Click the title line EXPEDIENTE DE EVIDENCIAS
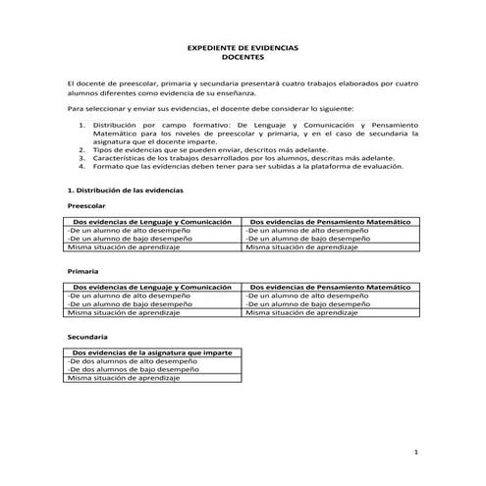(243, 48)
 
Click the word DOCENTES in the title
(243, 58)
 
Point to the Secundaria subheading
(86, 337)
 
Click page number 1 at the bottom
(417, 451)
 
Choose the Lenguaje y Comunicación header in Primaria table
(151, 287)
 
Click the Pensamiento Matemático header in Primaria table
(330, 287)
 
